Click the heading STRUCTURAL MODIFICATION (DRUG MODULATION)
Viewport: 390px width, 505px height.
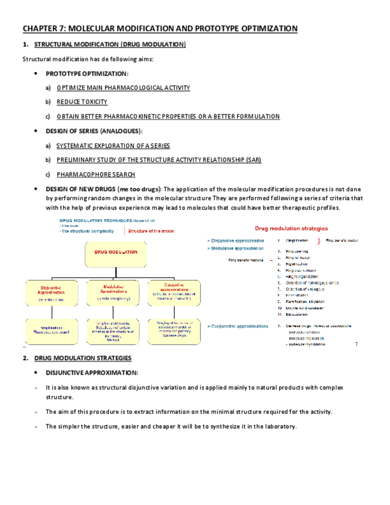coord(110,45)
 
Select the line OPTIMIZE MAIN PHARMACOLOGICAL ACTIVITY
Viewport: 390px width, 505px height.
coord(123,88)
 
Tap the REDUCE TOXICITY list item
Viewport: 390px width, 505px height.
coord(82,102)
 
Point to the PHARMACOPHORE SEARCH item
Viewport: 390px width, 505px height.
coord(96,175)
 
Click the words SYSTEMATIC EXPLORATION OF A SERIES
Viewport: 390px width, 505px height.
coord(113,146)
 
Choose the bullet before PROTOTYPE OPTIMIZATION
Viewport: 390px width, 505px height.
coord(37,74)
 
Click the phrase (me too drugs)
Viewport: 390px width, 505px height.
coord(140,189)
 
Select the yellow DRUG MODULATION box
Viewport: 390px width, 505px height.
coord(116,253)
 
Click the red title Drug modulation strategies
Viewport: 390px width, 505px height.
coord(283,228)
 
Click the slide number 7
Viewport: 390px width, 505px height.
coord(356,344)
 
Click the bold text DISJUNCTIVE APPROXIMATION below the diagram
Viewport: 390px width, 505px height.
coord(92,373)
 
